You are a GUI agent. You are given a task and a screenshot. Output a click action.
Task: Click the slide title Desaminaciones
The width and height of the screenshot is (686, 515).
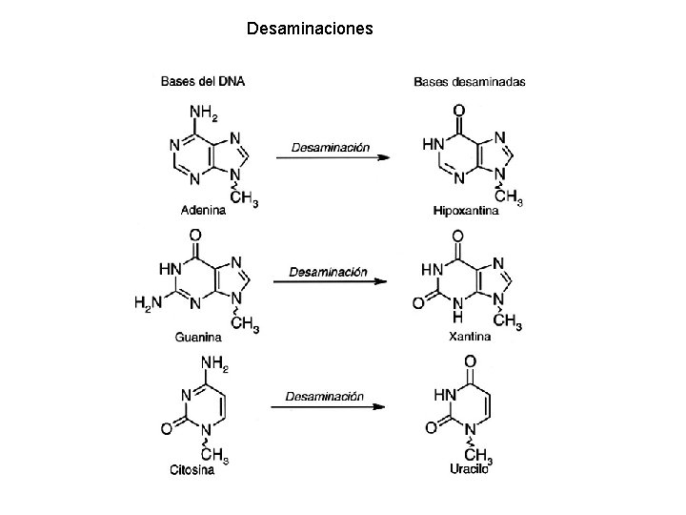(x=310, y=29)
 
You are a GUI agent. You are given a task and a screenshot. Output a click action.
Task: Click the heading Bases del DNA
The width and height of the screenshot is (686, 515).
(x=202, y=82)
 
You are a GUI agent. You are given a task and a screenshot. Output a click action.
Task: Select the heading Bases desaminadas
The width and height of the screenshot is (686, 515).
(x=469, y=82)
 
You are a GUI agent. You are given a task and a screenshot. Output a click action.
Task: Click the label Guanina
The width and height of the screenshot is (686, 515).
(x=199, y=337)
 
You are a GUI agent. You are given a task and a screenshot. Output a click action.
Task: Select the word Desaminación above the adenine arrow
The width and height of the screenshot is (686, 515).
(x=330, y=147)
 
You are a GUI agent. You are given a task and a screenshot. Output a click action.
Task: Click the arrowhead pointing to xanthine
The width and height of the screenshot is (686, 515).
(x=381, y=282)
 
